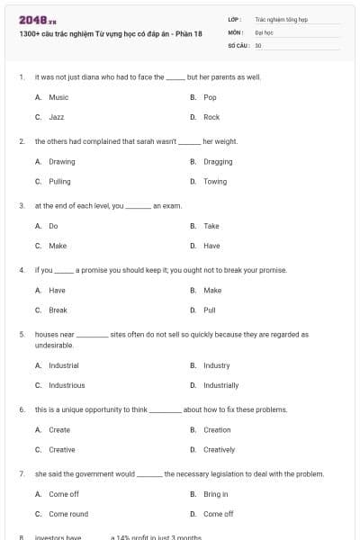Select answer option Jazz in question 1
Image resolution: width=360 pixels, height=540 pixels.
click(x=56, y=117)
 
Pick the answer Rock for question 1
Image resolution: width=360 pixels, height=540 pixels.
click(x=211, y=117)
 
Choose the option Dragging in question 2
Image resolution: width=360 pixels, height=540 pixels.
click(x=218, y=162)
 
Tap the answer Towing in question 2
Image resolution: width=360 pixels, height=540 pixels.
click(x=215, y=182)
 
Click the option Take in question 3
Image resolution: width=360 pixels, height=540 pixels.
click(x=211, y=226)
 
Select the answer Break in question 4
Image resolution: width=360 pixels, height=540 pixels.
click(x=58, y=310)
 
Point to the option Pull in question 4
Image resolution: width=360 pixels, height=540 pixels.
click(x=210, y=310)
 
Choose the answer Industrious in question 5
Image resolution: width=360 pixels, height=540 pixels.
click(x=67, y=385)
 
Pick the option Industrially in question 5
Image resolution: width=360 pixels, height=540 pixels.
click(x=220, y=385)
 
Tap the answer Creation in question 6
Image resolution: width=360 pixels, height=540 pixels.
click(x=217, y=430)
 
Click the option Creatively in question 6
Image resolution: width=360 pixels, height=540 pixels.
click(x=219, y=450)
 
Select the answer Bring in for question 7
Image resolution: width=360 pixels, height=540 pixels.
click(x=216, y=494)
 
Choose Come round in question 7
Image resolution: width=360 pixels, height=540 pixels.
click(x=68, y=514)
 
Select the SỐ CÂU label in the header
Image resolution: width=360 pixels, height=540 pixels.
click(x=239, y=44)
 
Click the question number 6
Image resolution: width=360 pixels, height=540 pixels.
click(x=21, y=409)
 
